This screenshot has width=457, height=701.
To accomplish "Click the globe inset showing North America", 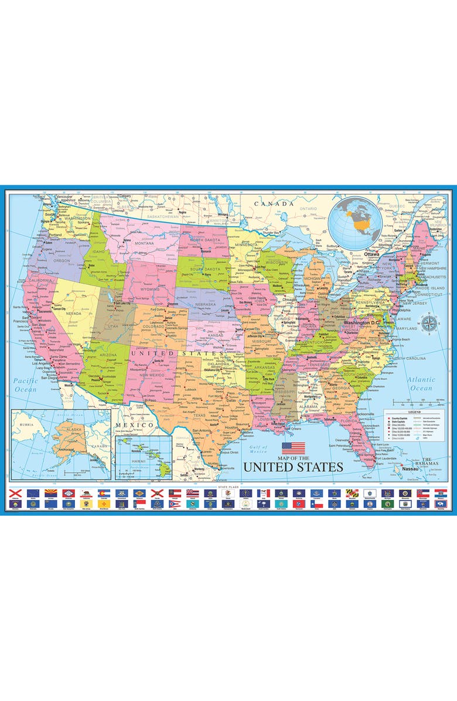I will (357, 222).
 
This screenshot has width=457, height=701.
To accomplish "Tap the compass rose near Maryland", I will (429, 323).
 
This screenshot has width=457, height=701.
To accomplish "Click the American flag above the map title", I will (293, 448).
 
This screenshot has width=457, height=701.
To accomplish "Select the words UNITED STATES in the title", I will (293, 467).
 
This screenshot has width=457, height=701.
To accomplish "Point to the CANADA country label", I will (274, 203).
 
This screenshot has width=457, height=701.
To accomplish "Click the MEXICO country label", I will (134, 424).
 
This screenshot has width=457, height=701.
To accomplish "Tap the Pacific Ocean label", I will (25, 384).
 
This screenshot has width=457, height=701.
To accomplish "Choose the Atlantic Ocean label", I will (421, 384).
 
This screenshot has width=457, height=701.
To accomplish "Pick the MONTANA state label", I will (144, 243).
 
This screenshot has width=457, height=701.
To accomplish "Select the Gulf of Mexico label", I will (258, 450).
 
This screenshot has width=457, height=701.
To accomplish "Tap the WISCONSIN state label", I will (275, 262).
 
